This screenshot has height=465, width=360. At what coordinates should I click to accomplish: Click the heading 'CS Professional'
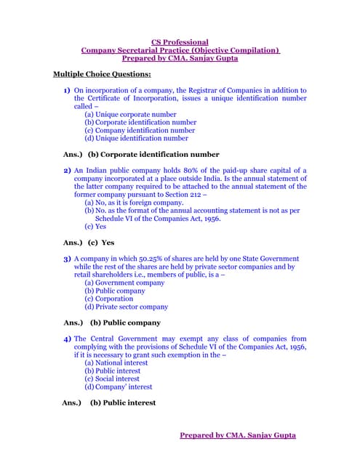[x=180, y=42]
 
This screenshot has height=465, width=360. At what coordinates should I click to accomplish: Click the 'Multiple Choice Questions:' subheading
[x=103, y=74]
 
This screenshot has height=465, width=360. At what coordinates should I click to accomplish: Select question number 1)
[x=67, y=91]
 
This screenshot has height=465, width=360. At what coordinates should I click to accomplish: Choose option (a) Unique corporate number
[x=130, y=115]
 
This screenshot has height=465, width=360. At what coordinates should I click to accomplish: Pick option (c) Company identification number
[x=140, y=130]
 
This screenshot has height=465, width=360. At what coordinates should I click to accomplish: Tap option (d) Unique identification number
[x=136, y=138]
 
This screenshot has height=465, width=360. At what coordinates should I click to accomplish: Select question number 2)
[x=67, y=171]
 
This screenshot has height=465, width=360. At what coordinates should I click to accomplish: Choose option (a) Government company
[x=124, y=283]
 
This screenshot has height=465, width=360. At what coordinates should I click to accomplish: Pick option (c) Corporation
[x=109, y=299]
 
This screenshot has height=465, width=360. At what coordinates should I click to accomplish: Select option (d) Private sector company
[x=126, y=307]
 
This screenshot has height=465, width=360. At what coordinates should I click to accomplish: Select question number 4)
[x=67, y=339]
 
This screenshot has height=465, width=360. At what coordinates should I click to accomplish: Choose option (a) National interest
[x=116, y=363]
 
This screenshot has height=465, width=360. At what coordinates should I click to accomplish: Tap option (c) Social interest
[x=111, y=379]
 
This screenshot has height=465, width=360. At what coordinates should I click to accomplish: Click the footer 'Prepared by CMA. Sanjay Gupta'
[x=238, y=435]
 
